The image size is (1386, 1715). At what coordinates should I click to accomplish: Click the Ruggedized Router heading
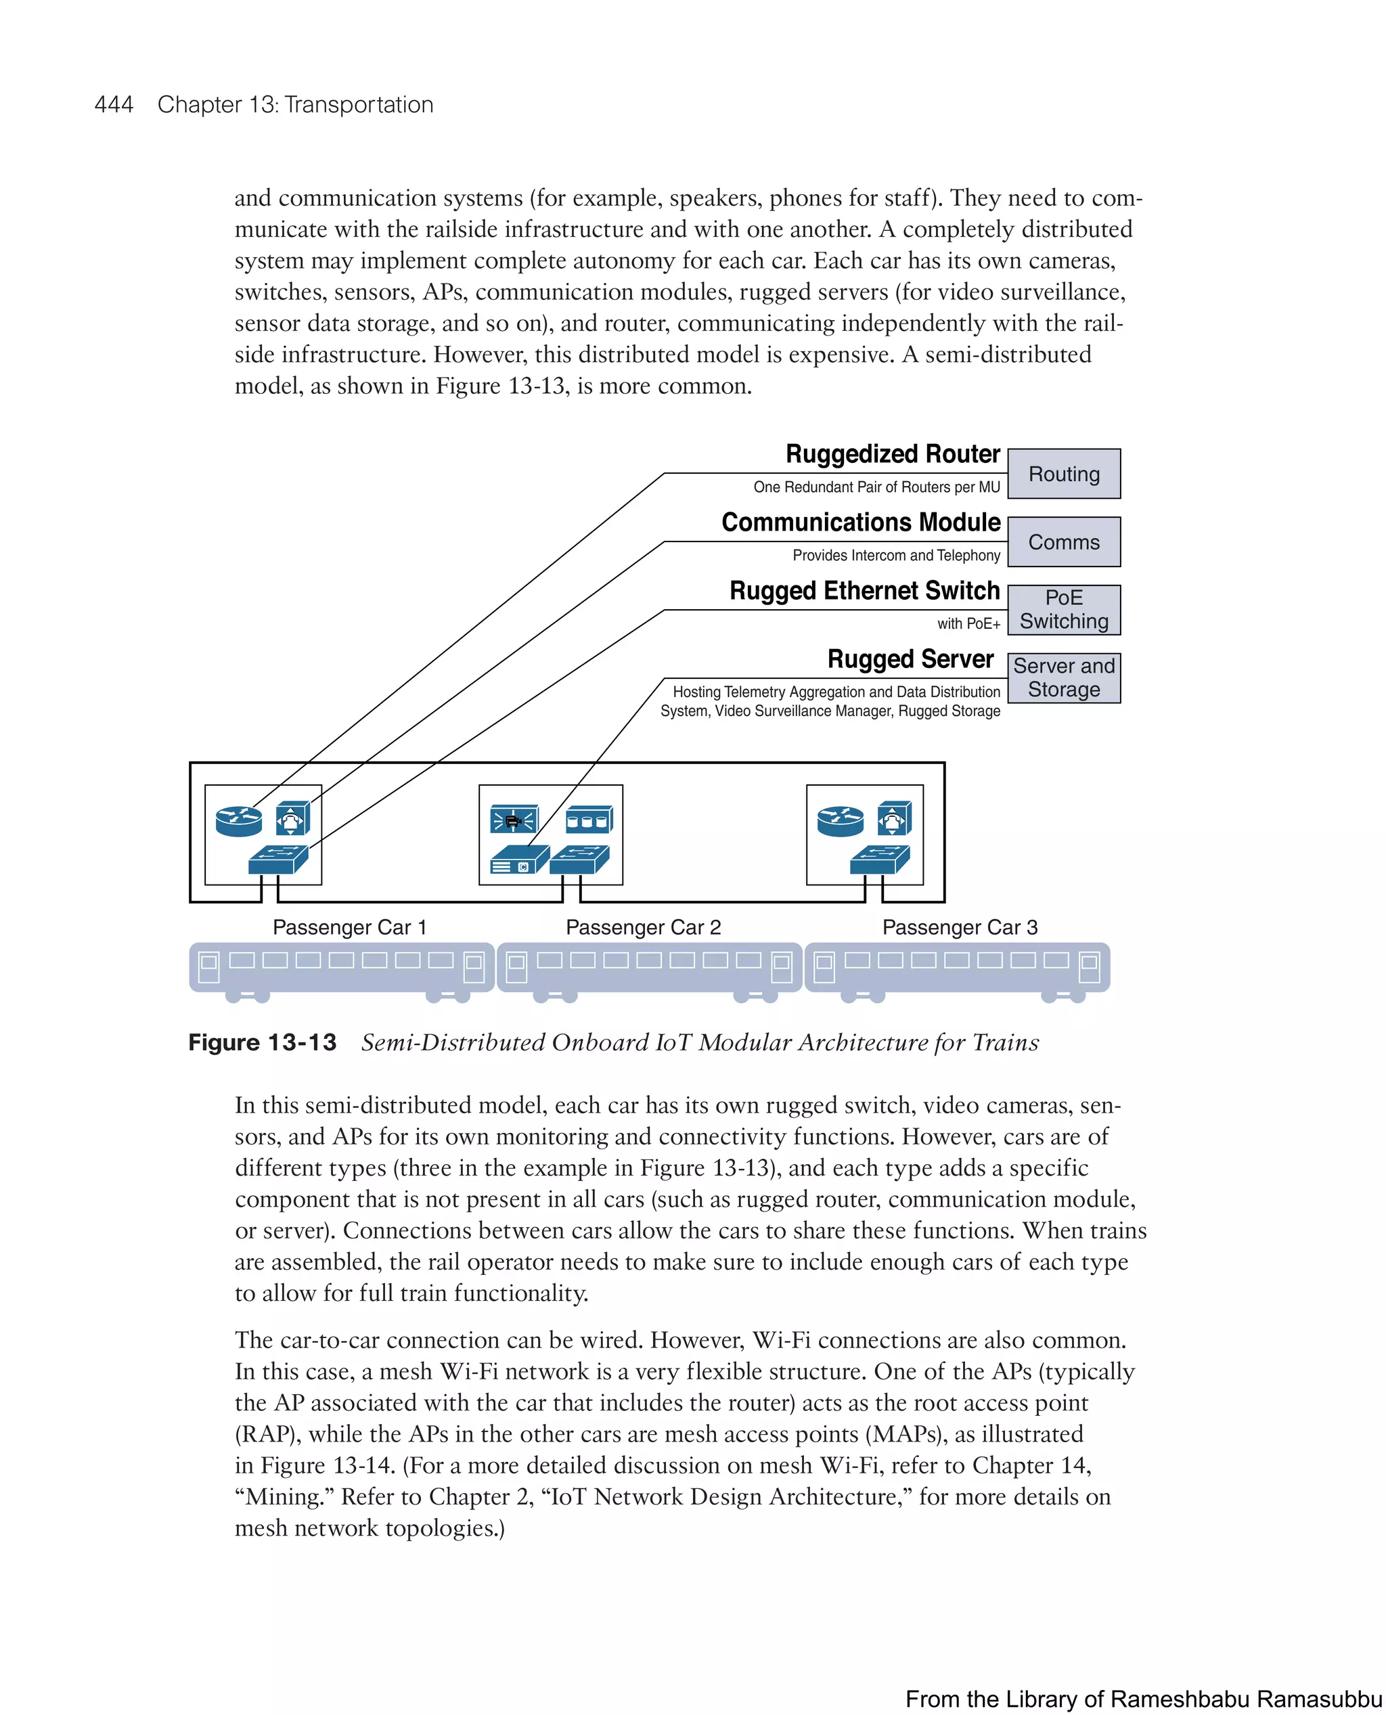point(892,454)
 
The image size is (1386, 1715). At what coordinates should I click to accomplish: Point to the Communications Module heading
point(861,522)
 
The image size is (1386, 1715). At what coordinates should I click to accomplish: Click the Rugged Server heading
point(910,659)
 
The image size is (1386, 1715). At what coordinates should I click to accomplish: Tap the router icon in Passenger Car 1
point(239,821)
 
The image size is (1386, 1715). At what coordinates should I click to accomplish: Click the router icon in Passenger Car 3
point(840,821)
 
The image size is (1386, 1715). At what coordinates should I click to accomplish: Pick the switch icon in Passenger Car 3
point(879,860)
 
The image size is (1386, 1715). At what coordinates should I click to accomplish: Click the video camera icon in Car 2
point(514,820)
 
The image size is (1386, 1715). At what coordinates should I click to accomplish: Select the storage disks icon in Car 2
point(588,820)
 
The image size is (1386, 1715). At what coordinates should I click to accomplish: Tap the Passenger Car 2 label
point(643,927)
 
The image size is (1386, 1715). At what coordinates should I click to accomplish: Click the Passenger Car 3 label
point(960,927)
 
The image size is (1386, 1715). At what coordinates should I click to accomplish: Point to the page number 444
point(114,105)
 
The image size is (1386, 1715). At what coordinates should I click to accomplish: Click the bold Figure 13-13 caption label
point(262,1042)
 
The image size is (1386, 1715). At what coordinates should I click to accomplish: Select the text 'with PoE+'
point(968,623)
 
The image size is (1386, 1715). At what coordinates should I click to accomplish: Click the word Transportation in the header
point(359,105)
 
